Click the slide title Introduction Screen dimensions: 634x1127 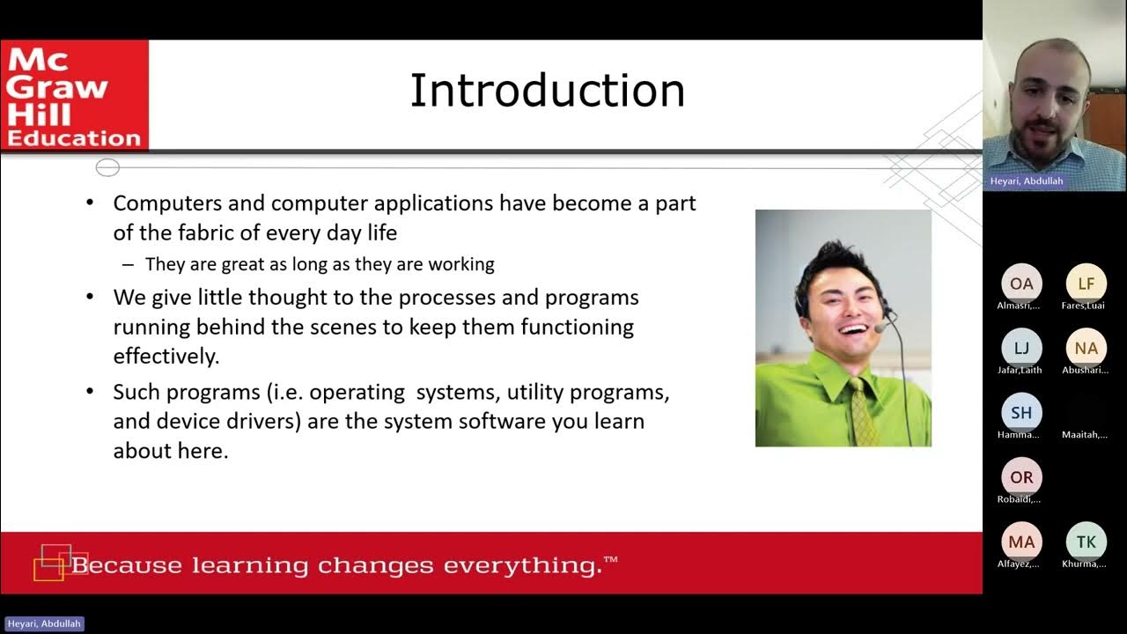click(x=547, y=91)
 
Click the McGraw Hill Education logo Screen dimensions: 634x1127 click(x=74, y=96)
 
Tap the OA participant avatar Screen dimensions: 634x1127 click(x=1021, y=284)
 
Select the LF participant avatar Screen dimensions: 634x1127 click(x=1086, y=284)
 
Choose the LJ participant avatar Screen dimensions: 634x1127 click(x=1021, y=348)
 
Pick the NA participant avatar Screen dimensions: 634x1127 click(x=1086, y=348)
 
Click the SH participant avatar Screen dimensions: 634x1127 click(x=1021, y=412)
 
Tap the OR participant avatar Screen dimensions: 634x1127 click(x=1021, y=477)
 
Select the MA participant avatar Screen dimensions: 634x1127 click(x=1021, y=542)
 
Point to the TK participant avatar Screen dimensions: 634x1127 click(x=1086, y=542)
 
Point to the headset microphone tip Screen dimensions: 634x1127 click(x=880, y=328)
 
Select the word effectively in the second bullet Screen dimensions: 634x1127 click(x=166, y=356)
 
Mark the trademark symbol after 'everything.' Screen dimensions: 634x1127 click(x=611, y=559)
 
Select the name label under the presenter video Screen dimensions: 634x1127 click(x=1026, y=181)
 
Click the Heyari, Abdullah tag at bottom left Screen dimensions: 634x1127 click(x=43, y=623)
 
